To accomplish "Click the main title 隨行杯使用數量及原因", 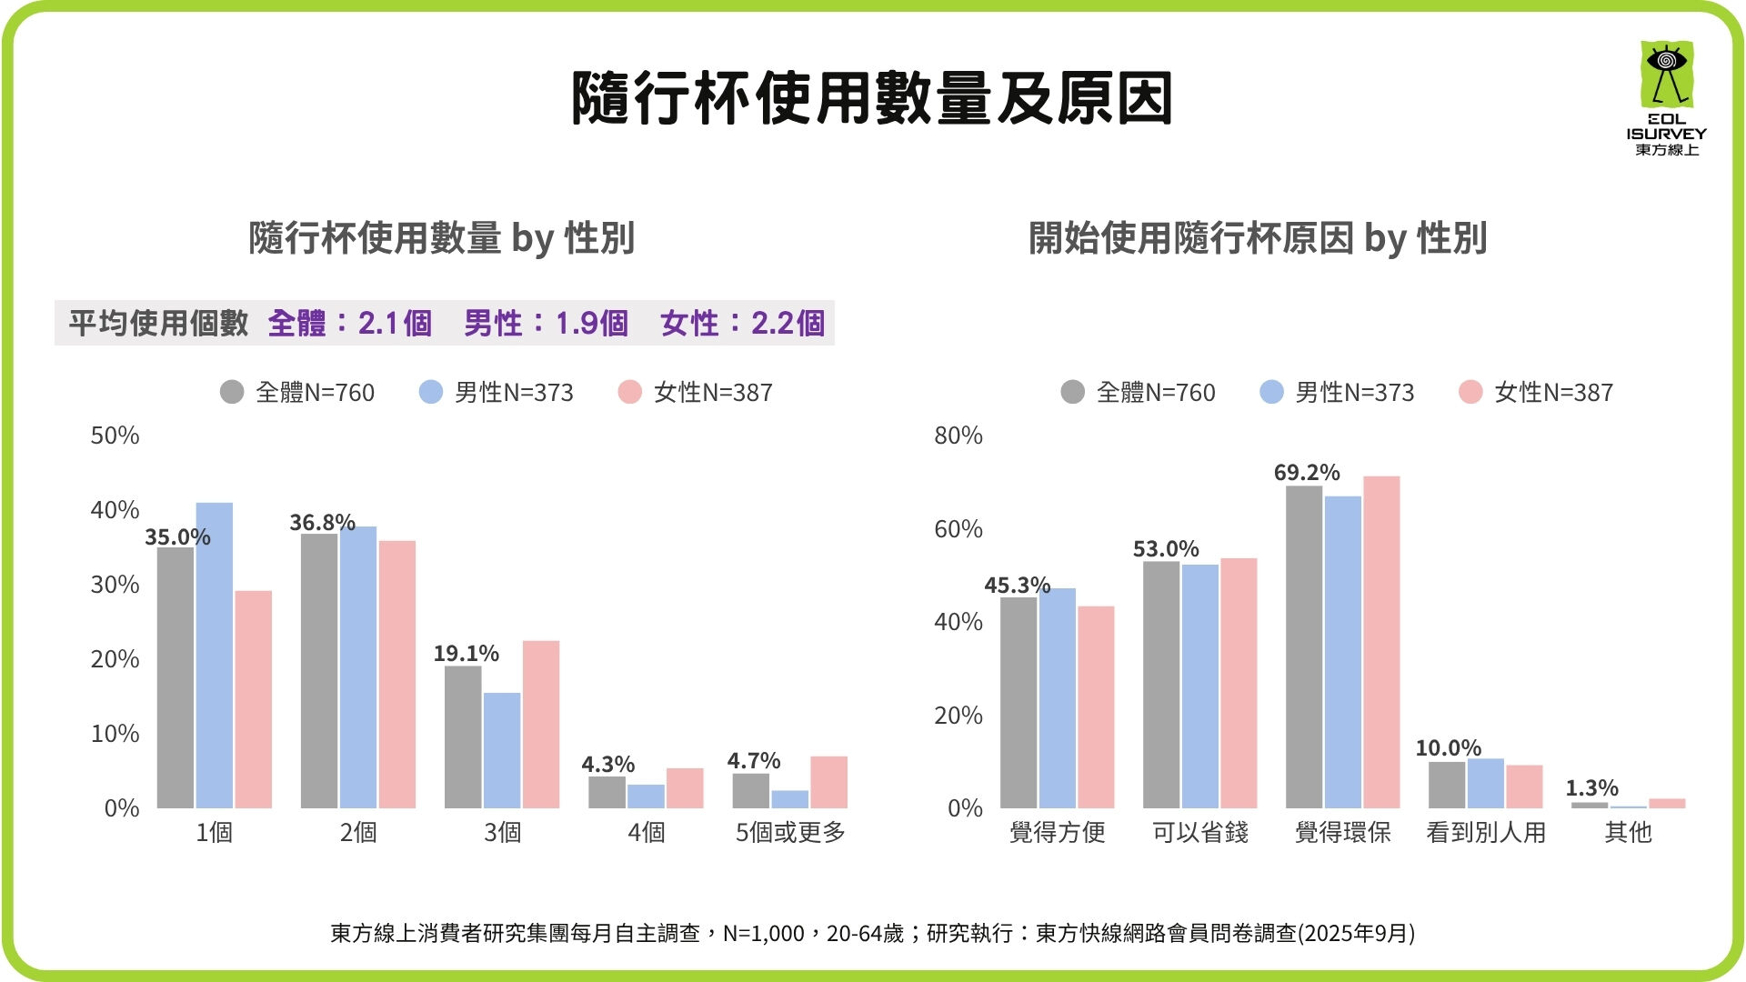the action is click(x=871, y=98).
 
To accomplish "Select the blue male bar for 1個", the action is click(x=215, y=655).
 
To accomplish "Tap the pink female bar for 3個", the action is click(x=541, y=725).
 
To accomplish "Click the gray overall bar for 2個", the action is click(x=319, y=671).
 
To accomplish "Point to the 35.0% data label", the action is click(x=177, y=537).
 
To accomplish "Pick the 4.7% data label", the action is click(x=753, y=760).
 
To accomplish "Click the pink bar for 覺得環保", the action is click(x=1381, y=642).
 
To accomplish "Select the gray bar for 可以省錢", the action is click(x=1161, y=685).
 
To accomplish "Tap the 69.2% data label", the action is click(x=1306, y=473).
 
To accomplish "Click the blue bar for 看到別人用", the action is click(x=1486, y=783).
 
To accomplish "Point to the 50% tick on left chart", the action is click(x=115, y=436).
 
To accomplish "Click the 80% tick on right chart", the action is click(x=958, y=436).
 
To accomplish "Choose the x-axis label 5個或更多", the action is click(x=790, y=832).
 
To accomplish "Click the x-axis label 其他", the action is click(x=1628, y=832).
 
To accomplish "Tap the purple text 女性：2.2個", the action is click(x=742, y=323).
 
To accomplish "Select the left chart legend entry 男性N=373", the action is click(x=497, y=392).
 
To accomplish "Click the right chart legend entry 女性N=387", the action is click(x=1536, y=392).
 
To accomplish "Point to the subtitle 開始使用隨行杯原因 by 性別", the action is click(x=1257, y=238).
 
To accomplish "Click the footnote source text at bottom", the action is click(x=872, y=933).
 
